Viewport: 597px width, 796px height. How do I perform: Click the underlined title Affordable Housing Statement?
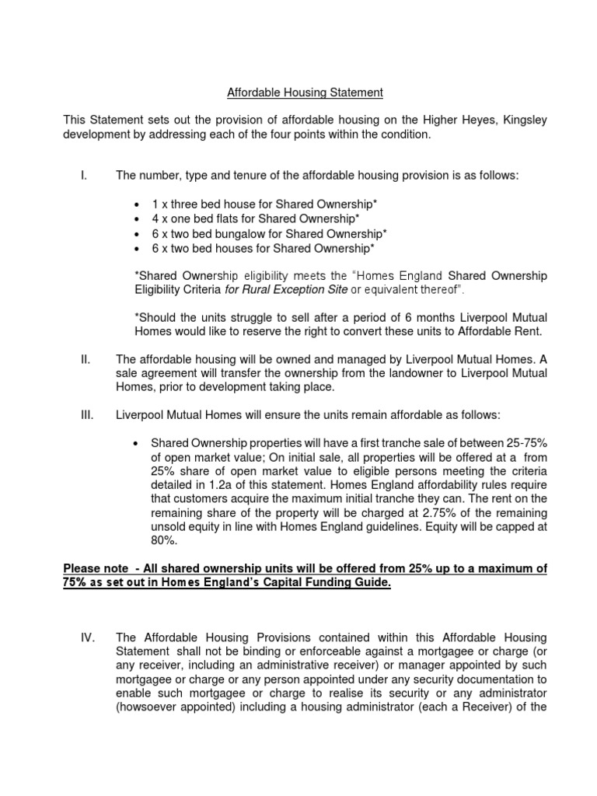305,93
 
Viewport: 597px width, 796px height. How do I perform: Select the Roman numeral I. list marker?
83,176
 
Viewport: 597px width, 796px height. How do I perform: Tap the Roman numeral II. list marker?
86,360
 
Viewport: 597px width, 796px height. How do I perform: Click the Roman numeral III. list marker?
87,415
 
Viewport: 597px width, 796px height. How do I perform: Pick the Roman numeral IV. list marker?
87,637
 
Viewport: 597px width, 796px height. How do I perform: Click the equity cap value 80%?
163,541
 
